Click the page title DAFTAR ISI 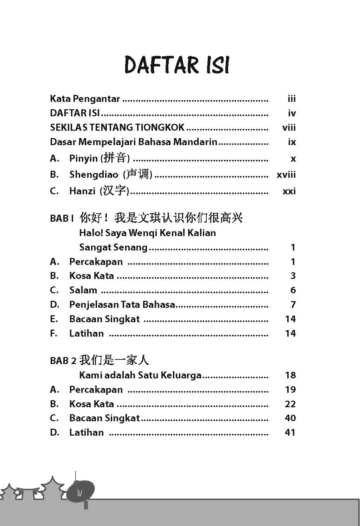[177, 65]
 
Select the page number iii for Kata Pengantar [291, 99]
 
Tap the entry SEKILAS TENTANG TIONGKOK [117, 127]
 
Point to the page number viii [289, 128]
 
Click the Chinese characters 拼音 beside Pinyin [115, 158]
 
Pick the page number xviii [286, 175]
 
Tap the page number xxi [289, 191]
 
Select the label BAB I [62, 218]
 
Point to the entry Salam [83, 290]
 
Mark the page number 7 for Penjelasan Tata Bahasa [293, 305]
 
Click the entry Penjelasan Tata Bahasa [122, 305]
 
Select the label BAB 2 [63, 361]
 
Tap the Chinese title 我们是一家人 [114, 360]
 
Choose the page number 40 [290, 418]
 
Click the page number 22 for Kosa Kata [290, 404]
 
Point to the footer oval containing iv [81, 493]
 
